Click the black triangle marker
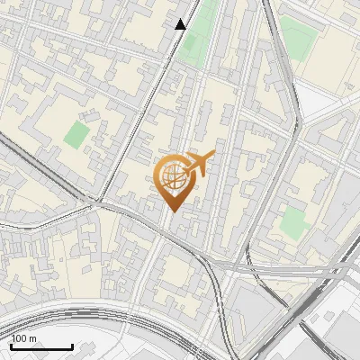point(181,24)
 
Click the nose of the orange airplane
point(212,154)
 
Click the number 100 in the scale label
point(20,338)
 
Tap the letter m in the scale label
point(33,338)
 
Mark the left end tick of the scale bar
point(12,346)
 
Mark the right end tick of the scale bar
point(72,346)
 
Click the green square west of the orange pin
point(77,136)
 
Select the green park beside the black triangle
point(198,31)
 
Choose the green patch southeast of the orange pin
point(293,221)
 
